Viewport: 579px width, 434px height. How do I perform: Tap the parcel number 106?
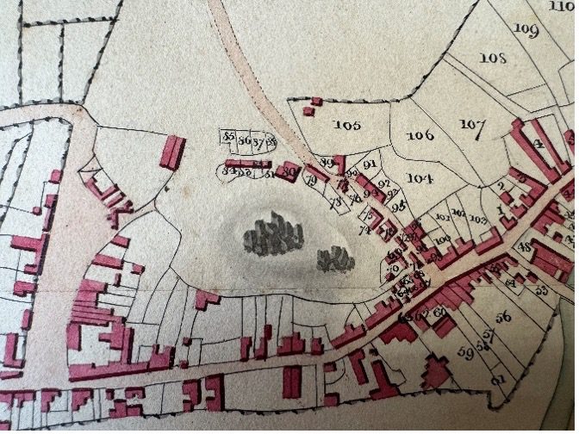tap(420, 136)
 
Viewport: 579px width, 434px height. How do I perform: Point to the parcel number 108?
tap(492, 59)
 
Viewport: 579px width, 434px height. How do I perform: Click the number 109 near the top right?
tap(526, 29)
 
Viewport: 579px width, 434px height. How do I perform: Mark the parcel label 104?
tap(420, 178)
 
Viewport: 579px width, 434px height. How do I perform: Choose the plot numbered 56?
tap(503, 317)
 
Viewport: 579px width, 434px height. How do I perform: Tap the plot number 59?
tap(466, 352)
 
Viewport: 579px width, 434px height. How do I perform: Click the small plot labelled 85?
tap(229, 137)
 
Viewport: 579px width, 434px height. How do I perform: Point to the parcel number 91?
tap(371, 164)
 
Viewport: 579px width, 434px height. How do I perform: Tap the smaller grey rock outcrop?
tap(333, 257)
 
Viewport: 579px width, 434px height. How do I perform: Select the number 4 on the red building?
tap(540, 145)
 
